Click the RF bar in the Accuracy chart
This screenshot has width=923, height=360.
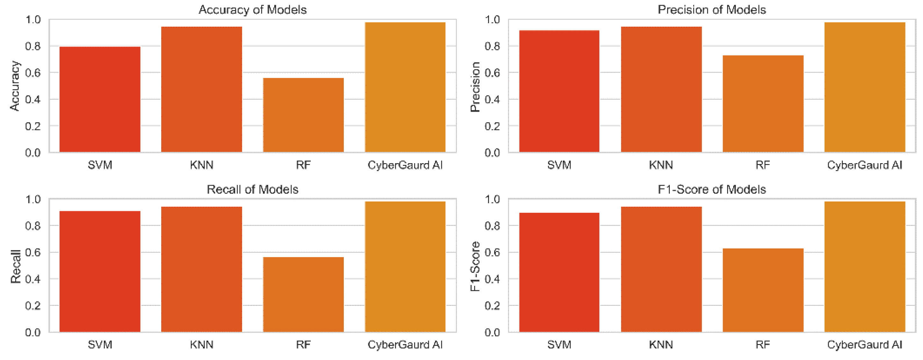click(x=303, y=115)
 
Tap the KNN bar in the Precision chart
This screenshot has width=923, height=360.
click(x=661, y=89)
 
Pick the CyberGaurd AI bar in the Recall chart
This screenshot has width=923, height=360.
click(x=405, y=267)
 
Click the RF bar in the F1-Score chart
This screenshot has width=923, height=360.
click(x=763, y=290)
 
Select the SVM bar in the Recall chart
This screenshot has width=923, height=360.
click(x=100, y=271)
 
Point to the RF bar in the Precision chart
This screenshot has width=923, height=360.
click(x=763, y=104)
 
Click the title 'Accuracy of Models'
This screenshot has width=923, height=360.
click(x=253, y=10)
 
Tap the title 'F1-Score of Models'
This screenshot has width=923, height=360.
click(x=711, y=189)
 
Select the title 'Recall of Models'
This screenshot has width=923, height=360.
click(x=253, y=189)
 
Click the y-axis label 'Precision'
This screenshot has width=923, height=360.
click(x=475, y=87)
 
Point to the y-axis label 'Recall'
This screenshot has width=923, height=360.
click(x=15, y=267)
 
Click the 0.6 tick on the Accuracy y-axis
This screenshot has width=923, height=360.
click(x=33, y=73)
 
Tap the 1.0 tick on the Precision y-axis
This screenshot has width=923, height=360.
click(x=492, y=19)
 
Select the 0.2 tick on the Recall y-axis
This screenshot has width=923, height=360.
click(x=33, y=306)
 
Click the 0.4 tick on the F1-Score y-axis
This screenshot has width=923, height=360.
click(x=492, y=279)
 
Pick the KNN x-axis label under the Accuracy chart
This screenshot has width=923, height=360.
click(x=201, y=165)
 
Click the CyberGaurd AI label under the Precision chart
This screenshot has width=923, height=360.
click(x=864, y=165)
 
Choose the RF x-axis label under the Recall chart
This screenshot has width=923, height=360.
click(x=303, y=345)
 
